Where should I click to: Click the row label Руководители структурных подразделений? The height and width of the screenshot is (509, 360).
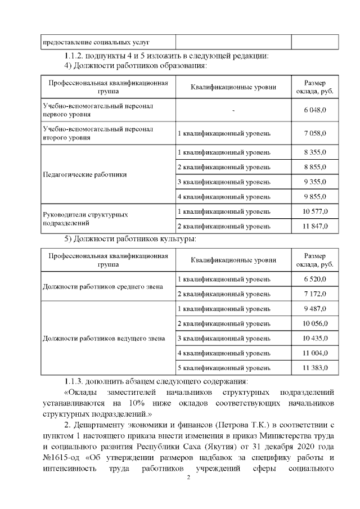[85, 219]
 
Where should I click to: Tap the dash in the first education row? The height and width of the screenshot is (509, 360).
[233, 110]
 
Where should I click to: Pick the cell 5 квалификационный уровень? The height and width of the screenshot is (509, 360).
[224, 367]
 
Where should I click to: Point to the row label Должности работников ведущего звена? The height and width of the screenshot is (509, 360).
[103, 339]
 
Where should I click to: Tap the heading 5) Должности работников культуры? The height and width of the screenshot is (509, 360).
[130, 239]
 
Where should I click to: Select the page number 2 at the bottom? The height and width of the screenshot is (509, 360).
[189, 478]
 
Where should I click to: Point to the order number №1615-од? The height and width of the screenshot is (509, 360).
[64, 456]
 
